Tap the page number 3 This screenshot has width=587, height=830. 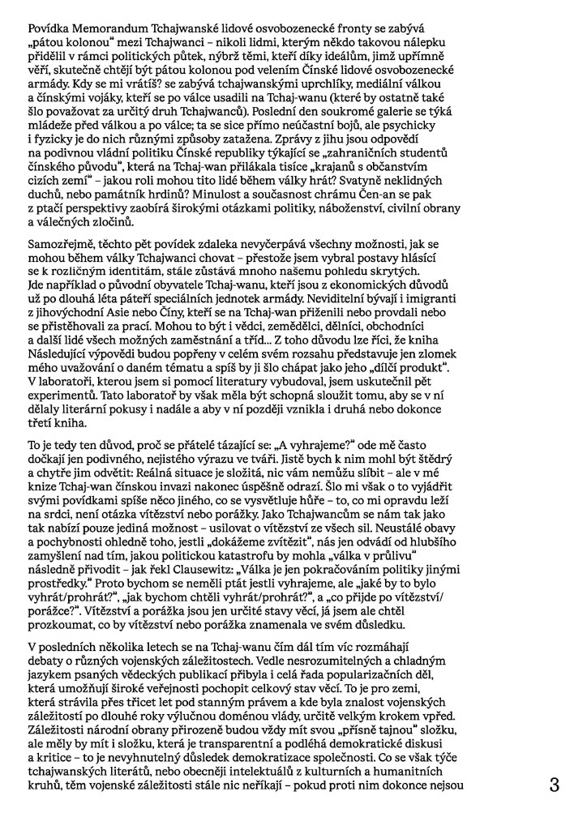click(x=555, y=785)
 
